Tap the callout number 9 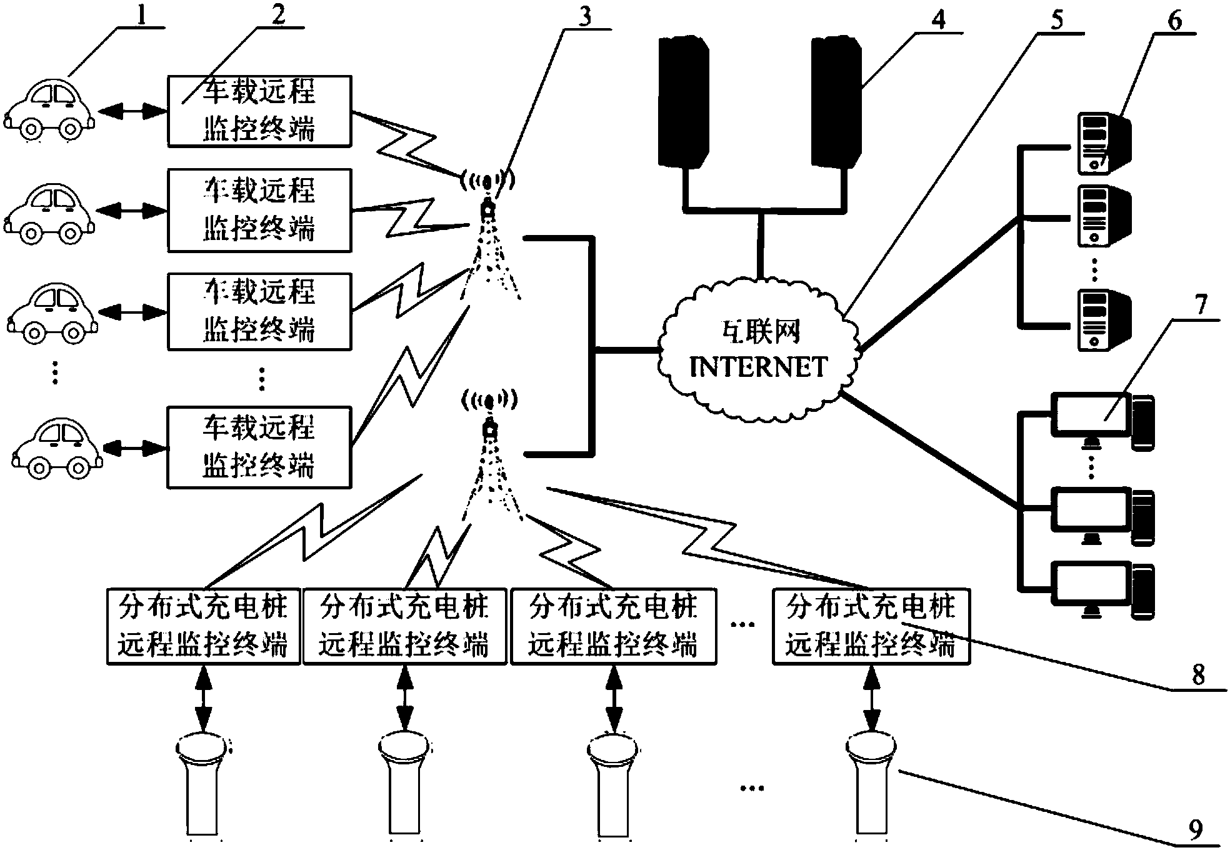pyautogui.click(x=1194, y=829)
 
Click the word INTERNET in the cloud pyautogui.click(x=759, y=367)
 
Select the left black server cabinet pyautogui.click(x=684, y=100)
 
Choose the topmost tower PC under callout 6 pyautogui.click(x=1103, y=143)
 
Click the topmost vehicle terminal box pyautogui.click(x=259, y=111)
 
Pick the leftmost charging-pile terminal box pyautogui.click(x=203, y=626)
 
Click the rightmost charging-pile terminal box pyautogui.click(x=871, y=626)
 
